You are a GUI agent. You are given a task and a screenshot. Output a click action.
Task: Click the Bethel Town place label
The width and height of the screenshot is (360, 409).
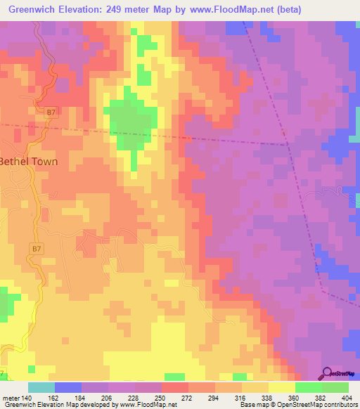pyautogui.click(x=28, y=160)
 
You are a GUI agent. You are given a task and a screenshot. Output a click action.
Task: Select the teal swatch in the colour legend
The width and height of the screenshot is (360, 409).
pyautogui.click(x=41, y=387)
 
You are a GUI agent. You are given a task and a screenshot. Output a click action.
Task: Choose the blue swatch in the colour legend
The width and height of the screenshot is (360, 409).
pyautogui.click(x=68, y=387)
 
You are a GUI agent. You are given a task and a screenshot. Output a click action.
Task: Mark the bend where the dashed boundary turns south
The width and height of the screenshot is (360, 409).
pyautogui.click(x=288, y=145)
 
